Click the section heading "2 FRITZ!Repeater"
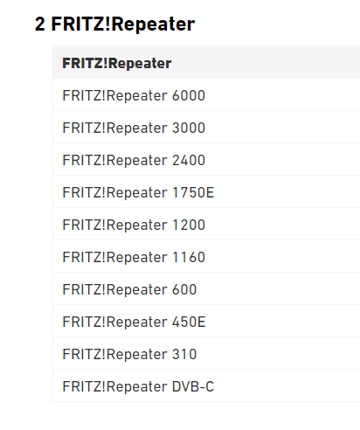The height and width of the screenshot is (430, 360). pos(114,24)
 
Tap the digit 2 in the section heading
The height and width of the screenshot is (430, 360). pos(40,24)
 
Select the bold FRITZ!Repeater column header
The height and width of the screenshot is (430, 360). pos(117,64)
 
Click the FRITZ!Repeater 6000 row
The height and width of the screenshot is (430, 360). pos(134,95)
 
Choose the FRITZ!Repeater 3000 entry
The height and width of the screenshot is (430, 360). pos(134,128)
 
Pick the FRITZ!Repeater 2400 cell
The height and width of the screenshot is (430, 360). pos(134,160)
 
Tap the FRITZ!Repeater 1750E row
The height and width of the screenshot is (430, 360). pos(138,192)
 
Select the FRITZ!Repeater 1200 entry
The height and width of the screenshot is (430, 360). pos(134,225)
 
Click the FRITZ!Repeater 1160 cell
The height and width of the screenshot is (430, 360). pos(134,257)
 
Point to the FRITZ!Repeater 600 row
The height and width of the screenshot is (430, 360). pos(129,289)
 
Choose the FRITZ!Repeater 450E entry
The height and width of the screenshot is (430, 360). pos(134,322)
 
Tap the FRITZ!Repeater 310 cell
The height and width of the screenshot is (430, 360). pos(129,354)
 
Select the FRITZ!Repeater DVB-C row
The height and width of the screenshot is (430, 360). pos(138,386)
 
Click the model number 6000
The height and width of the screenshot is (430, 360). pos(189,95)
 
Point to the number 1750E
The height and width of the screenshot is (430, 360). pos(193,192)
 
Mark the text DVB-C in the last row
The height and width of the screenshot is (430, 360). pos(193,386)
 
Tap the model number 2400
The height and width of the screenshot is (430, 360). pos(189,160)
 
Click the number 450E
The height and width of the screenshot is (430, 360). pos(189,322)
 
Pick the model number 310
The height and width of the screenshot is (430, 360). pos(184,354)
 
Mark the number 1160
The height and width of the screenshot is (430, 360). pos(189,257)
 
